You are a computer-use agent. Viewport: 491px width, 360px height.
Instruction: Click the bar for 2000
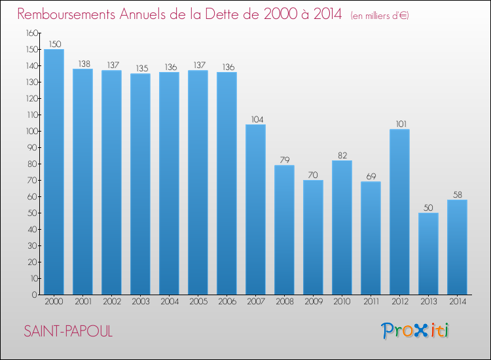click(x=54, y=172)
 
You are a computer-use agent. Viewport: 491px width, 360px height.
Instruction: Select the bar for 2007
click(x=255, y=209)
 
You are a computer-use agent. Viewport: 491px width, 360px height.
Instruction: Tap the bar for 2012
click(x=399, y=212)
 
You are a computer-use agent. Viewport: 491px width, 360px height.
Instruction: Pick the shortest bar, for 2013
click(x=428, y=253)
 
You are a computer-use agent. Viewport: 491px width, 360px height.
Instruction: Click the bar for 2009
click(x=313, y=238)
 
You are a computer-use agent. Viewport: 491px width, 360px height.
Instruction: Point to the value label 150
click(x=55, y=44)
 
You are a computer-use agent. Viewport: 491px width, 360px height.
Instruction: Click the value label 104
click(x=257, y=119)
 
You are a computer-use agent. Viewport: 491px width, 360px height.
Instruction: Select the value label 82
click(x=342, y=155)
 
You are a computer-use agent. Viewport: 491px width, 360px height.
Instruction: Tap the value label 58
click(x=458, y=194)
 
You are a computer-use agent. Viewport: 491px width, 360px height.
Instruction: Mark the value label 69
click(x=371, y=176)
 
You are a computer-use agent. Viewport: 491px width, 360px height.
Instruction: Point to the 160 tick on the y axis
click(x=32, y=33)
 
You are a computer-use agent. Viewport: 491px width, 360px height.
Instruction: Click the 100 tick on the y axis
click(x=32, y=131)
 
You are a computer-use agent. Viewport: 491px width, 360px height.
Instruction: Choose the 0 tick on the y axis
click(x=35, y=295)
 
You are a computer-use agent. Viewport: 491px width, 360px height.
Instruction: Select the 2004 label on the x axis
click(x=170, y=301)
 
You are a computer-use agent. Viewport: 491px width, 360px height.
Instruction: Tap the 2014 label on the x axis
click(x=458, y=301)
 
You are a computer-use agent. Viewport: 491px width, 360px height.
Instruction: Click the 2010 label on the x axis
click(x=342, y=301)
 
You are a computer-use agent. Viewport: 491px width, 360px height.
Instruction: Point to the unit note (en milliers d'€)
click(x=380, y=15)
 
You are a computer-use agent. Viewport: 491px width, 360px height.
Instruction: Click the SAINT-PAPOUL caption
click(x=68, y=331)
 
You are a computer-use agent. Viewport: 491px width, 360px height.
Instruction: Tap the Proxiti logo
click(x=415, y=331)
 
